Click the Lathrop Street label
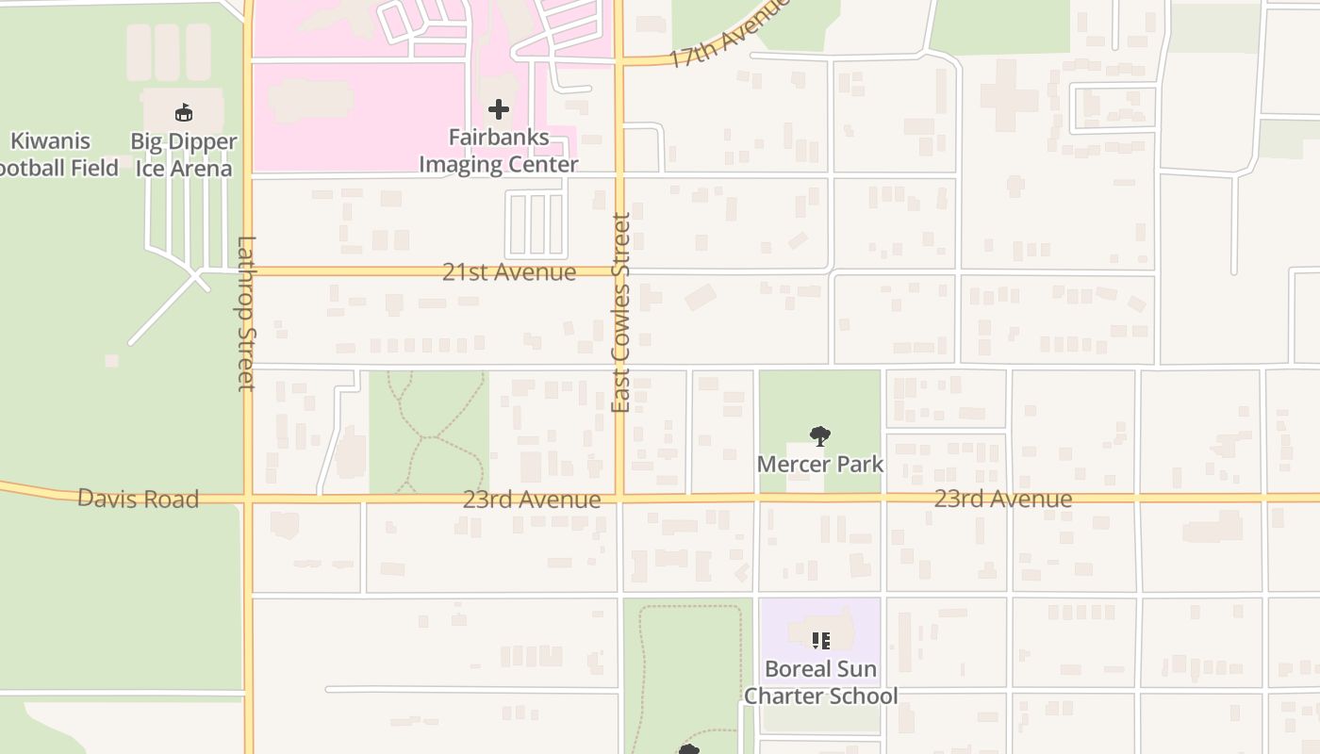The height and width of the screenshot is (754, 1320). click(x=246, y=313)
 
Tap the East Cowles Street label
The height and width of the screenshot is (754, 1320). click(x=620, y=313)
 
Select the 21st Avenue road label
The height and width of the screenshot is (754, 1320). click(x=509, y=272)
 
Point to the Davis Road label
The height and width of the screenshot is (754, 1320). click(x=138, y=499)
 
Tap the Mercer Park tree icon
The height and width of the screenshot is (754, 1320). click(x=820, y=435)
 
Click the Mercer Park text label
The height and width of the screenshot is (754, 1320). click(x=820, y=464)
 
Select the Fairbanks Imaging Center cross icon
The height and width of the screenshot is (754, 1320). click(x=499, y=110)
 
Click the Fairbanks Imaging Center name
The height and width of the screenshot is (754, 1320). click(x=499, y=151)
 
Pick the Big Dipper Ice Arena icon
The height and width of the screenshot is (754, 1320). click(x=184, y=113)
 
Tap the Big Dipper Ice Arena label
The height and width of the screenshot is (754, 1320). click(x=184, y=156)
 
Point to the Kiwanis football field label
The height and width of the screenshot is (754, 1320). click(x=57, y=155)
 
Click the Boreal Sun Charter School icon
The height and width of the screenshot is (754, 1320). click(x=820, y=641)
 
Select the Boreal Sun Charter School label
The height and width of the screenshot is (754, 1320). click(x=820, y=682)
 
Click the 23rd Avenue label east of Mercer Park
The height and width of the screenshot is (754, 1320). click(x=1003, y=499)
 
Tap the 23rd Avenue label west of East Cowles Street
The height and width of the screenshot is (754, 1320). click(x=532, y=500)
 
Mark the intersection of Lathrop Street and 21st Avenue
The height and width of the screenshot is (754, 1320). click(x=248, y=271)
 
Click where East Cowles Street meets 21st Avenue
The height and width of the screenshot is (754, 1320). click(x=619, y=271)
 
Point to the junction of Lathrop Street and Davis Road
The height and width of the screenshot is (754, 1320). click(x=248, y=497)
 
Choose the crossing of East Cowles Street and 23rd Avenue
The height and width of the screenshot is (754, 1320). click(x=619, y=496)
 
